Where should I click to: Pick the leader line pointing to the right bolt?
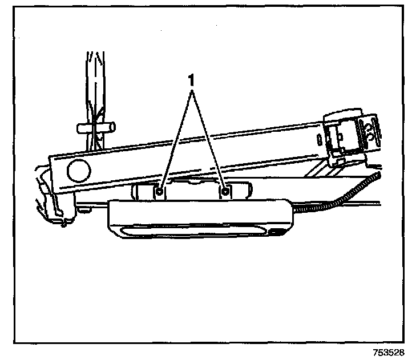click(x=209, y=137)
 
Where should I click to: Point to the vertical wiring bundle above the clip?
click(x=93, y=80)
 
